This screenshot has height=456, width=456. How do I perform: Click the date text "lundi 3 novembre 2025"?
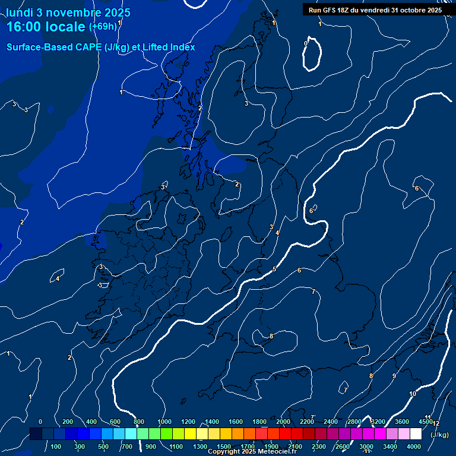pos(68,12)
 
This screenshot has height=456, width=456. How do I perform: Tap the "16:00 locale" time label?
pos(46,27)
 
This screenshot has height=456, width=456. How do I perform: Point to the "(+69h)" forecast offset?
pos(103,27)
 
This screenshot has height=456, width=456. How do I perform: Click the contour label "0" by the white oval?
pos(306,43)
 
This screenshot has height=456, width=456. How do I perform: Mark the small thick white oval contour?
pos(312,55)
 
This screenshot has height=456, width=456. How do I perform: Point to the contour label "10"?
pos(413,394)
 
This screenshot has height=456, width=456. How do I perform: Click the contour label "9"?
pos(394,376)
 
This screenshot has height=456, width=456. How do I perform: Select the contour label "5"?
pos(274,270)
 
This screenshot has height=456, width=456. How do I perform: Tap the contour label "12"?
pos(436,423)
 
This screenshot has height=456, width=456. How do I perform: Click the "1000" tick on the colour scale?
pos(164,422)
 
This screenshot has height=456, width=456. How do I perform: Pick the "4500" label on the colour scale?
pos(426,422)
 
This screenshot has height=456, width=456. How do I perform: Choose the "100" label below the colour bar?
pos(56,446)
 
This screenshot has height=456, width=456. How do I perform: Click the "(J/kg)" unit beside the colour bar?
pos(439,435)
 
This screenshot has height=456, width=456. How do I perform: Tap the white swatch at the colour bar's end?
pos(416,434)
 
